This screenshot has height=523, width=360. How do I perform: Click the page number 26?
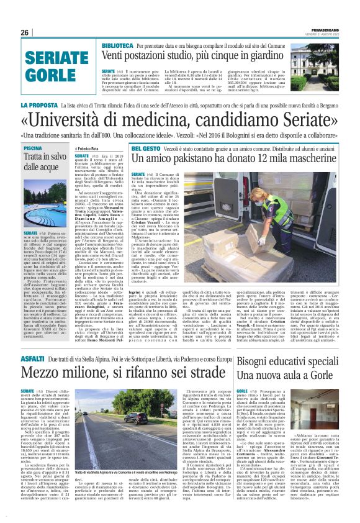pos(25,32)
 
